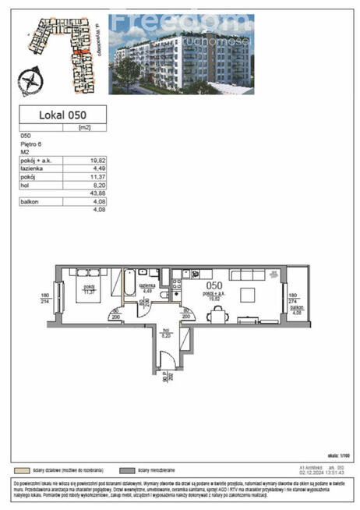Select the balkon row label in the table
30,201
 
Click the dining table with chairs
219,313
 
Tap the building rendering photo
170,58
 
